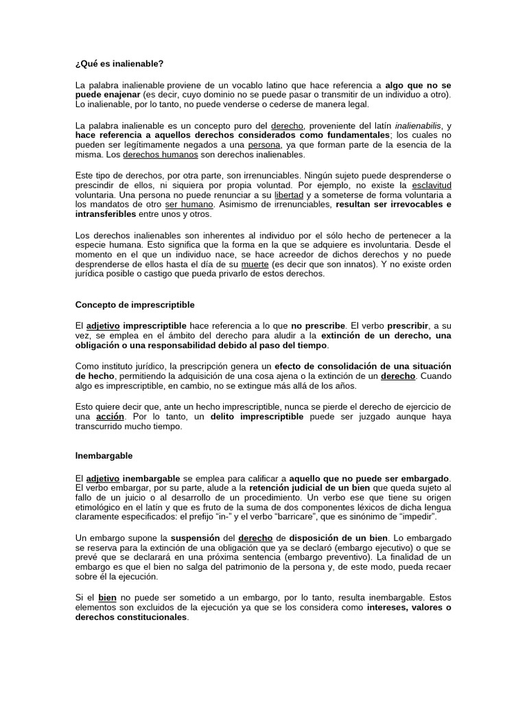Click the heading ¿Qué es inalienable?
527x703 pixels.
119,64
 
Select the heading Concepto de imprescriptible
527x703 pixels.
134,304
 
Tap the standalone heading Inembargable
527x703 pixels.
104,455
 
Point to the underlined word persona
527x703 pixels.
264,146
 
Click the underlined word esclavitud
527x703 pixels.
431,185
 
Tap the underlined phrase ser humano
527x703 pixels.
190,205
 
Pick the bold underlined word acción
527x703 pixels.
110,417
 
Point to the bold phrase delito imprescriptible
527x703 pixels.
257,417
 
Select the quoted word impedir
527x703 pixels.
414,516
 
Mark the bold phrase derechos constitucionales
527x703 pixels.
131,617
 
